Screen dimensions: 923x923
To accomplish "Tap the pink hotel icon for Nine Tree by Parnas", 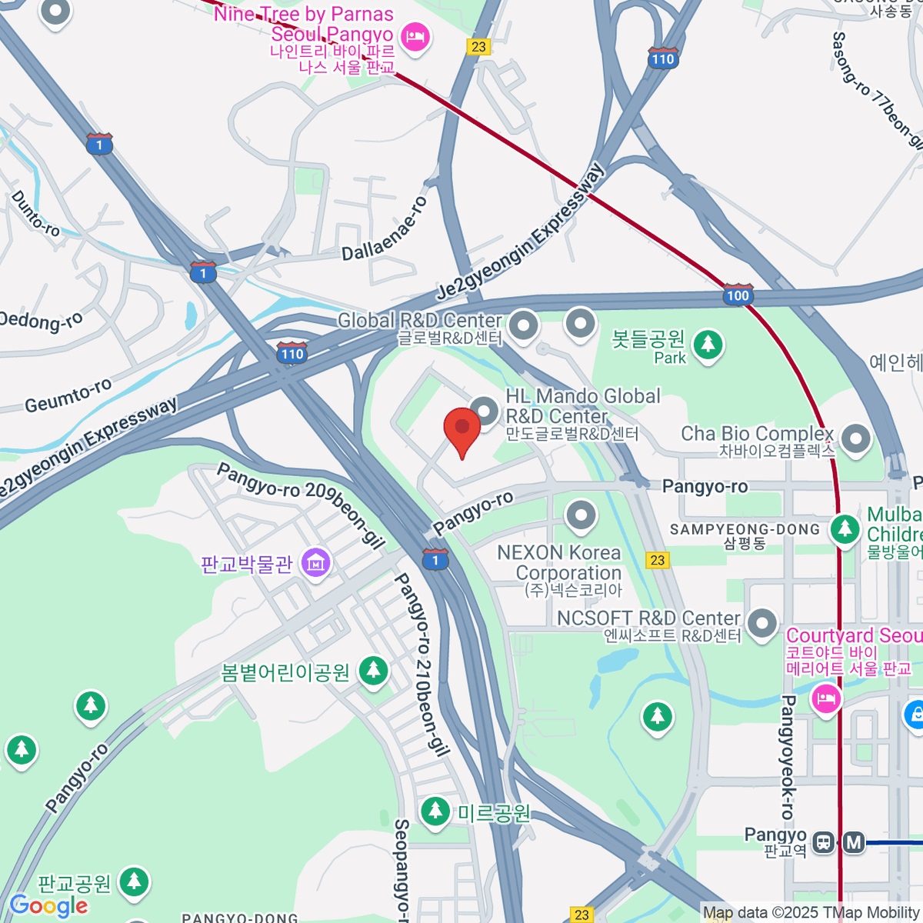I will point(415,35).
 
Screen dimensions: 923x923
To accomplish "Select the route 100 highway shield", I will point(738,295).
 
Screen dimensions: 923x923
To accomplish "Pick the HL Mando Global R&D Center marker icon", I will point(485,409).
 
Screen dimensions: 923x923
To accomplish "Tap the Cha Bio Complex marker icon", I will point(855,438).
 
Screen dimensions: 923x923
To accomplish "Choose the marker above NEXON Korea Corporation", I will point(581,515).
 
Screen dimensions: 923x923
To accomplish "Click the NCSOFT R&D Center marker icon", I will point(761,623).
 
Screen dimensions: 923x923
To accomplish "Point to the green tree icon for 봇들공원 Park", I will point(708,344).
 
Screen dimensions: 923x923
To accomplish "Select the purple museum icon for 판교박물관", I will point(316,563).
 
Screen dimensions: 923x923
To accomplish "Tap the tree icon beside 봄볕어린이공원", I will point(373,671).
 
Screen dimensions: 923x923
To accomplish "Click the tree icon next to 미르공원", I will point(435,811).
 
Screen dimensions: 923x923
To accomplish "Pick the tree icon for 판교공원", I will point(135,882).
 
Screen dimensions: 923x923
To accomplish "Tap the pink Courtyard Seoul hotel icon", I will point(826,699).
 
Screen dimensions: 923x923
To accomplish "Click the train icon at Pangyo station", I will point(824,842).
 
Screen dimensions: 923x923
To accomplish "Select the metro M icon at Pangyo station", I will point(854,842).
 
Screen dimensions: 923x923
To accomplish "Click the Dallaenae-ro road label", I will point(385,229).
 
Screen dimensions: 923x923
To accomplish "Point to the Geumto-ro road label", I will point(68,395).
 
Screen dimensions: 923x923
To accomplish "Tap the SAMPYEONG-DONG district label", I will point(745,529).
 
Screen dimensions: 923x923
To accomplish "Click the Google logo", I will point(49,906).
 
